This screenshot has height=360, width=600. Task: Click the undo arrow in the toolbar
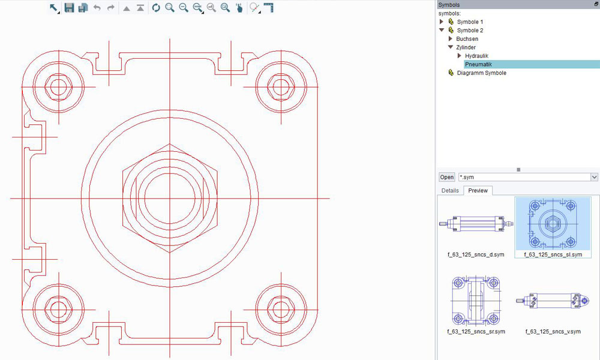point(97,8)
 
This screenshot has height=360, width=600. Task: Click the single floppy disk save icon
point(69,8)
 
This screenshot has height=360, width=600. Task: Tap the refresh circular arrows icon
point(156,8)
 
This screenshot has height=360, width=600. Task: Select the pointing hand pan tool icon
point(239,8)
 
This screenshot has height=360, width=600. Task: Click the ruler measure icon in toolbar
point(268,8)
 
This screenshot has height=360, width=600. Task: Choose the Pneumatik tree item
point(478,64)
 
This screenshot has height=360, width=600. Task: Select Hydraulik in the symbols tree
point(476,56)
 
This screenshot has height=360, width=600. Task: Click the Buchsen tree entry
point(467,38)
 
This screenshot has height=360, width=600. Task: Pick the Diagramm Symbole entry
point(481,73)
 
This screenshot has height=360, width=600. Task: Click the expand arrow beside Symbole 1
point(442,22)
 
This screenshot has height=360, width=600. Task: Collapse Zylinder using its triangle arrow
point(450,47)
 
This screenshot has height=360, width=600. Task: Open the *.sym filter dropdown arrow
point(594,177)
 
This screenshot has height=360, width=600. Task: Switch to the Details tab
point(450,190)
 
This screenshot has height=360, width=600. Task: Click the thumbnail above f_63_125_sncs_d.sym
point(475,224)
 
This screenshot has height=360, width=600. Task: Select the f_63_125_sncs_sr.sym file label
point(476,331)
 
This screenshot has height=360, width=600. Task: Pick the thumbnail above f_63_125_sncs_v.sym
point(553,300)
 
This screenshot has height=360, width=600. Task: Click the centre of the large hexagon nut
point(170,198)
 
